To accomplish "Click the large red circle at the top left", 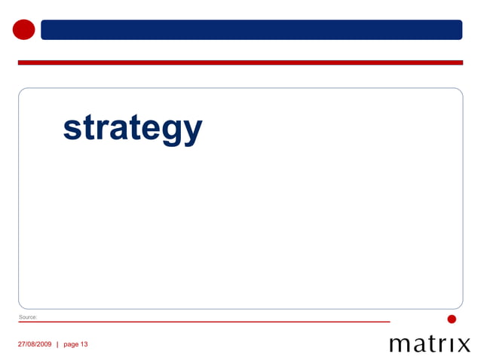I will (x=24, y=29).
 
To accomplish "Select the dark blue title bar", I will (x=251, y=29).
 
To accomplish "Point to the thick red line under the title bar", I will (x=240, y=63).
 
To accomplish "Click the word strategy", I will (x=133, y=128).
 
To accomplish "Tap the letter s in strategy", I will (x=72, y=129).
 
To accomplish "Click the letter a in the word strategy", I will (x=115, y=129).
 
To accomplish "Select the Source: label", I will (x=28, y=317).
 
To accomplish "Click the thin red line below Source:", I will (x=204, y=322).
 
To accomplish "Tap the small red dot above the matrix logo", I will (x=452, y=319).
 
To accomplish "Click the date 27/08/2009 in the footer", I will (x=35, y=344).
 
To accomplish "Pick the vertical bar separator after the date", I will (x=57, y=344).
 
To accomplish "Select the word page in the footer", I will (x=71, y=344).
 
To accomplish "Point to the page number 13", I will (x=84, y=344).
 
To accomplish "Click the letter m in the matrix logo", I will (x=400, y=346).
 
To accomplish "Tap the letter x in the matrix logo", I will (x=462, y=346).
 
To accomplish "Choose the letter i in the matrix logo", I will (x=450, y=345).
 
